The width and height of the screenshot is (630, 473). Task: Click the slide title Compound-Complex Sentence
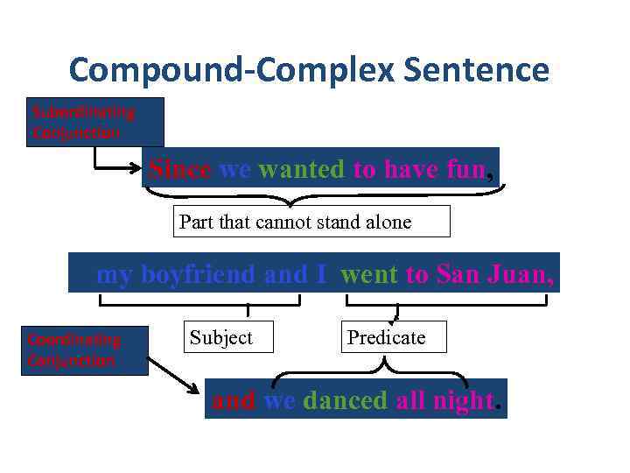(309, 69)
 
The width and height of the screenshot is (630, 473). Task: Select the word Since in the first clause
(179, 169)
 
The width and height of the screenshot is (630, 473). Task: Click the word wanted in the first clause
(301, 169)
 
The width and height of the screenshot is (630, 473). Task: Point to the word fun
(465, 169)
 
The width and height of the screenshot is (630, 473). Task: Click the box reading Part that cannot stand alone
(311, 222)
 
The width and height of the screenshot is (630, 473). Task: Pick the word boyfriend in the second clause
(199, 274)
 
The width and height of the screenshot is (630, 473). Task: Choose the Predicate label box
(393, 337)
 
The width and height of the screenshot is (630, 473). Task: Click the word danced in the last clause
(345, 400)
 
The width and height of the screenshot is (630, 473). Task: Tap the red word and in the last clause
(233, 400)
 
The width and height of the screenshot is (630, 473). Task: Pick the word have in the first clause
(411, 169)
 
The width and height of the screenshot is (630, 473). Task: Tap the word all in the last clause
(409, 400)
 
